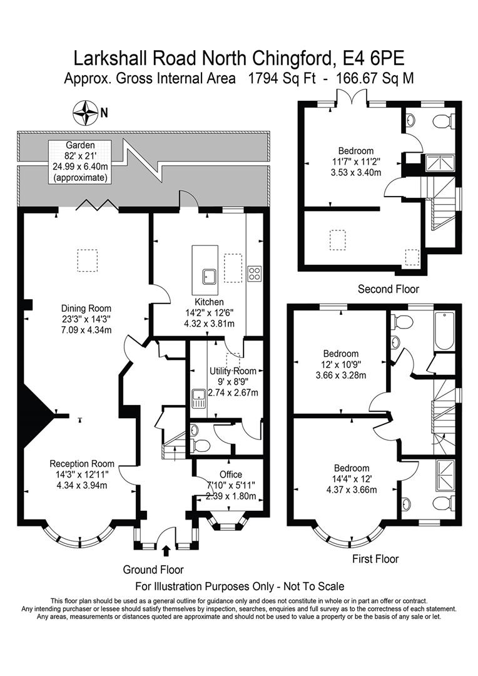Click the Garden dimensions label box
click(81, 161)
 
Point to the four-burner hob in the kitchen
click(255, 274)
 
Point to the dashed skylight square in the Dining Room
click(87, 260)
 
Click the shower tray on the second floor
click(440, 163)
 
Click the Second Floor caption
click(388, 289)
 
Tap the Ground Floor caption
click(153, 570)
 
